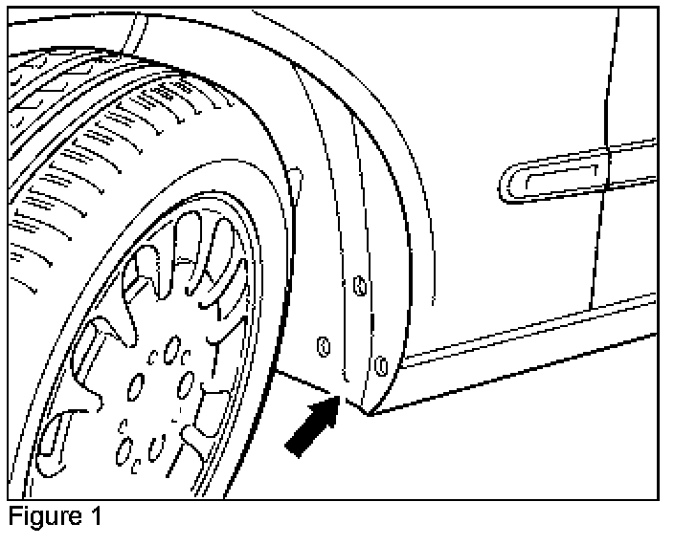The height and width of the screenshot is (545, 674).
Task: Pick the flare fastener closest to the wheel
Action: (x=323, y=344)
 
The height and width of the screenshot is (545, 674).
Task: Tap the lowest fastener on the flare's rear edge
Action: (x=381, y=364)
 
